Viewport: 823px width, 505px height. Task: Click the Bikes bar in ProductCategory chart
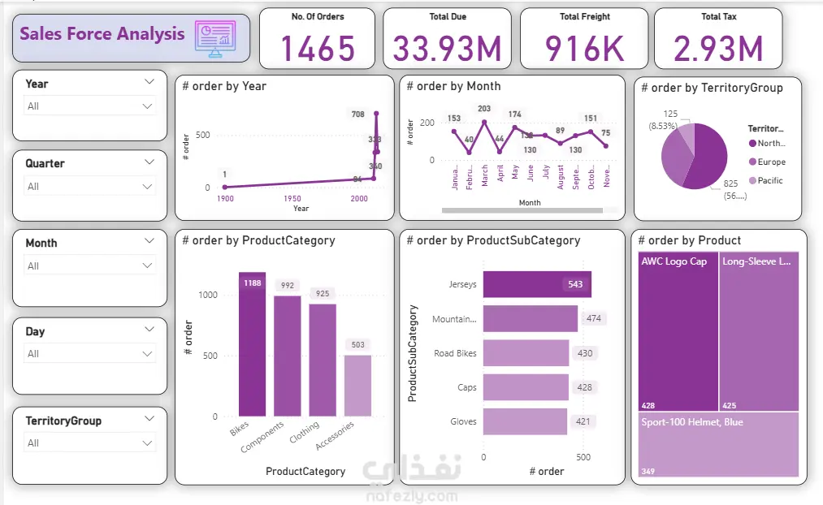252,344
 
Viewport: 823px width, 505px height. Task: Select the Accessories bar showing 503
357,386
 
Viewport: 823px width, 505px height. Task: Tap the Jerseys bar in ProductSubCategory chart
537,284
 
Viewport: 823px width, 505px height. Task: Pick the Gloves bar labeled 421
525,421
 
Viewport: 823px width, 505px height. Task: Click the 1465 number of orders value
318,50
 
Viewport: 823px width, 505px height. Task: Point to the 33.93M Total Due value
448,50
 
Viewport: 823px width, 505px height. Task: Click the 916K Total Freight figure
584,50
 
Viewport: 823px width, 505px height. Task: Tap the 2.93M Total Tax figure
718,50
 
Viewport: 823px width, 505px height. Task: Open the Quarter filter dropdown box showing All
89,187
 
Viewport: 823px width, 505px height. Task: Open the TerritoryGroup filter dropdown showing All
89,443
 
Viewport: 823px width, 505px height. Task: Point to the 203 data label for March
484,109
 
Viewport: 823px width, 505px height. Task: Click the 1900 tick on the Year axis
225,199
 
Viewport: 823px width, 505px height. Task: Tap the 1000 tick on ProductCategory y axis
208,296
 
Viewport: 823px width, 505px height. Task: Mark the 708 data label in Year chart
358,114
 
